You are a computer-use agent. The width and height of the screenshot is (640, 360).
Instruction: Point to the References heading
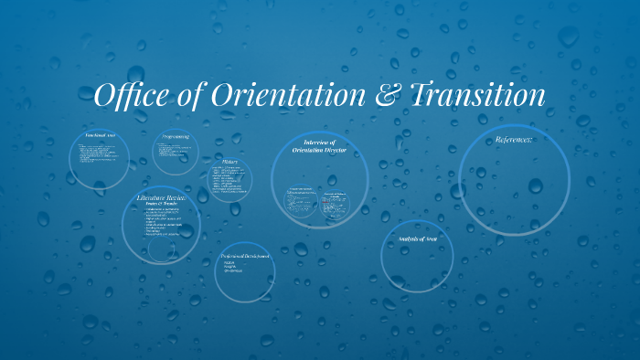513,140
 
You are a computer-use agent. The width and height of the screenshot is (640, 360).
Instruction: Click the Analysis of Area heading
417,238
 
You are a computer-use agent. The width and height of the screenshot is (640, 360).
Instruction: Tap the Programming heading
176,136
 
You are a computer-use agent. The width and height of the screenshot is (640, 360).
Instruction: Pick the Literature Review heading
161,196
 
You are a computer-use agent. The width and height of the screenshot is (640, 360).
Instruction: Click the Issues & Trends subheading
161,204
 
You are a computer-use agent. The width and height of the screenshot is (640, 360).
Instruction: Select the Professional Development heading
245,257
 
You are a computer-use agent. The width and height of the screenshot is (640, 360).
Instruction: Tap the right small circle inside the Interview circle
337,203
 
